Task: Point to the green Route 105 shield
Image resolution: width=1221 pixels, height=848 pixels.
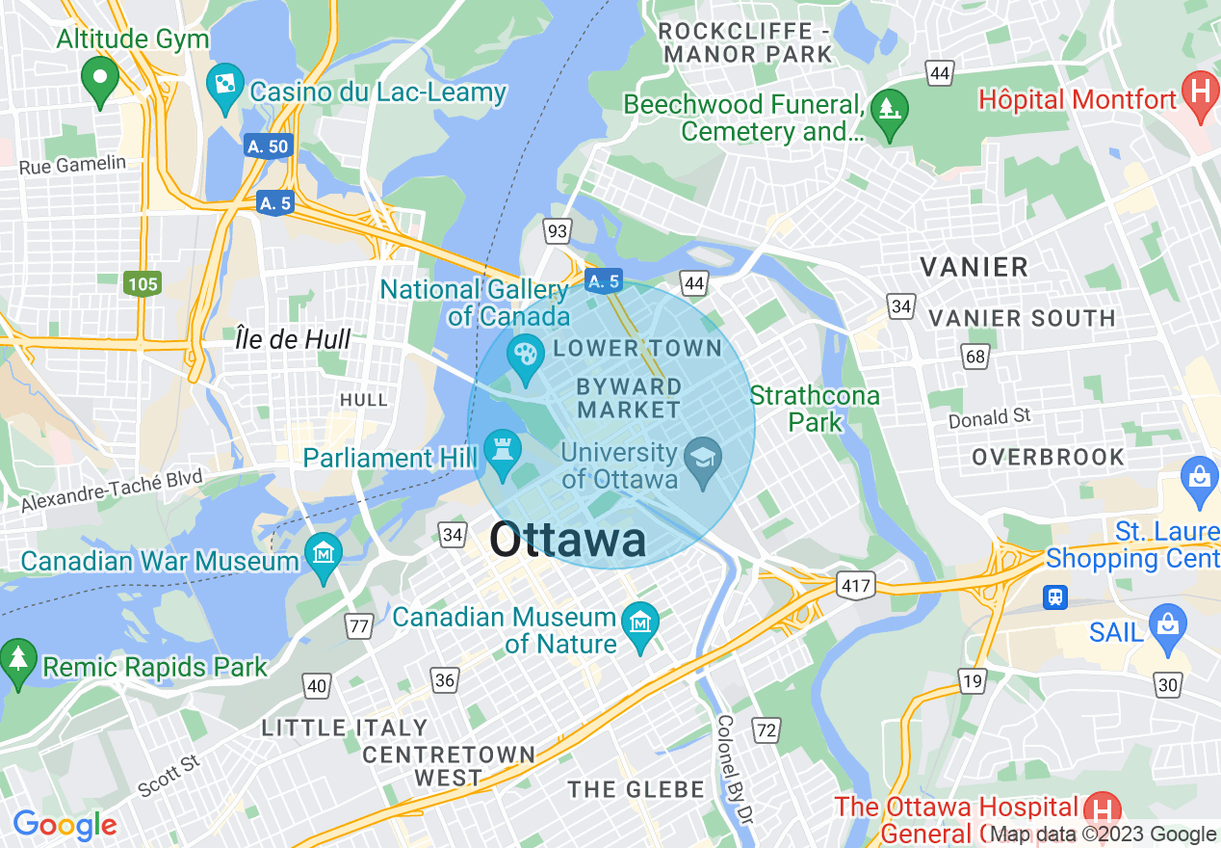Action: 142,283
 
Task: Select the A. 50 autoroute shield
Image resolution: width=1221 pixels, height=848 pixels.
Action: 267,146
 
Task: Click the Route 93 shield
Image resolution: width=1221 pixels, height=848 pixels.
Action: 557,231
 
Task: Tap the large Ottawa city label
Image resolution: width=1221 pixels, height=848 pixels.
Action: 567,541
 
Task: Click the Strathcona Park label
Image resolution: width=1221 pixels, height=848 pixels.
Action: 815,409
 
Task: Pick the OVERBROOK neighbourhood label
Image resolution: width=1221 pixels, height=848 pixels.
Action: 1048,457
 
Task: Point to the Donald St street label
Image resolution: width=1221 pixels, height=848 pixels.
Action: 989,418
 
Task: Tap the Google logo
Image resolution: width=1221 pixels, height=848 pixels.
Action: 65,825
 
